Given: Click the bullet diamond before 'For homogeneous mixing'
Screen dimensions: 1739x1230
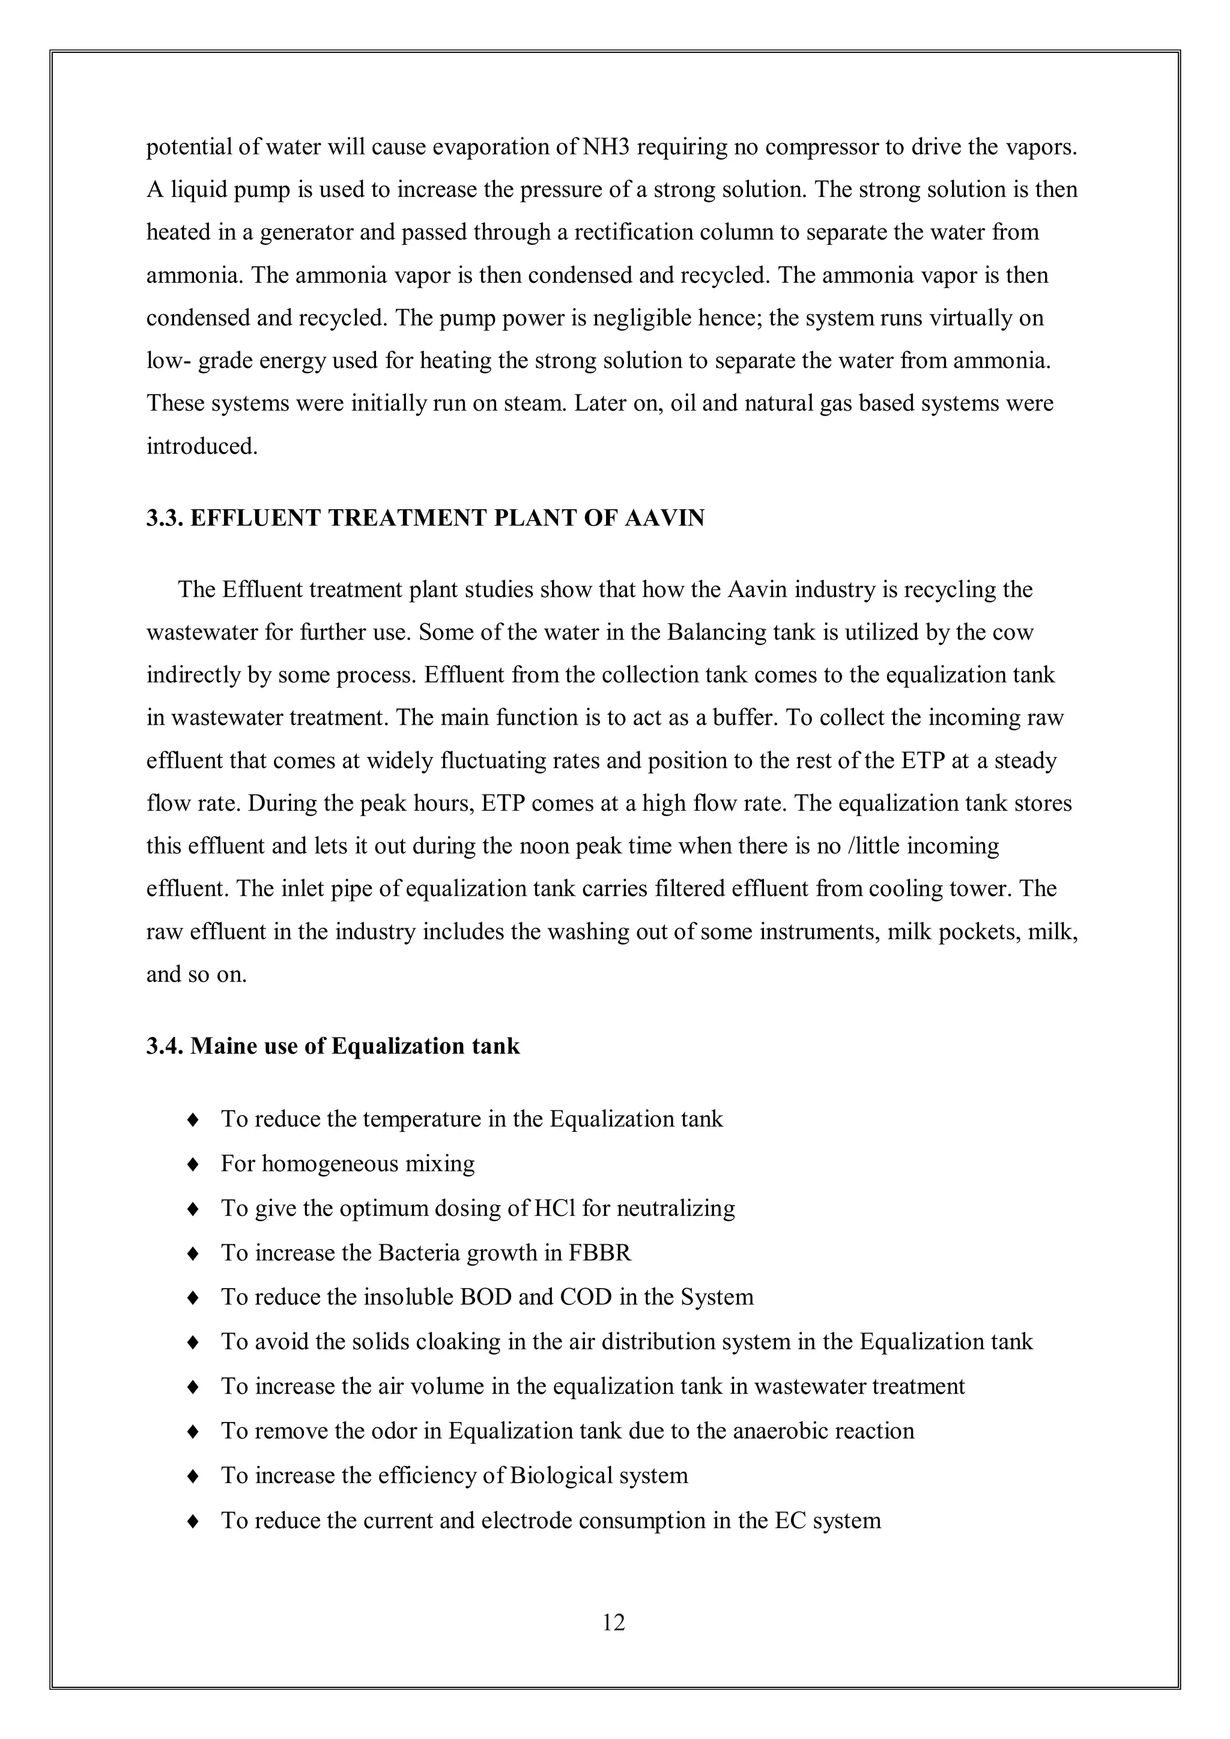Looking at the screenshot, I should point(193,1164).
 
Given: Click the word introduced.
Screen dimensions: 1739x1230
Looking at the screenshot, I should point(201,446).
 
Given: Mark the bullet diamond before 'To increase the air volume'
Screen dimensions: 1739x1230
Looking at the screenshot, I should point(193,1387).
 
